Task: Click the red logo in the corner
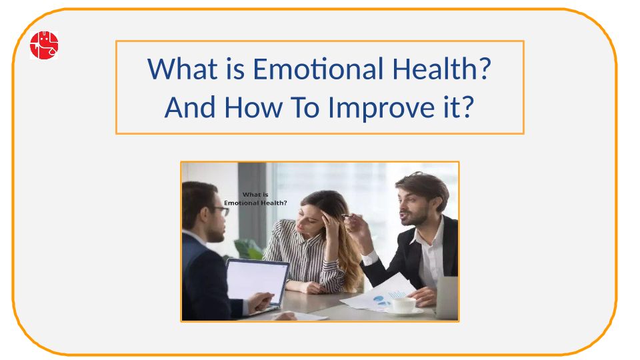(44, 45)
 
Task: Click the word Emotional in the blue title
(318, 69)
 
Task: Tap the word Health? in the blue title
(441, 68)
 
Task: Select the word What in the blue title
(183, 69)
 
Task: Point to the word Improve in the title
(381, 108)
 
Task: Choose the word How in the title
(253, 107)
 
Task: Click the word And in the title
(190, 107)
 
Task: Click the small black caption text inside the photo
(255, 199)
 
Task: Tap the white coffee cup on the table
(404, 305)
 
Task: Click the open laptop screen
(256, 281)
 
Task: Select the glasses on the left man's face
(221, 211)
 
